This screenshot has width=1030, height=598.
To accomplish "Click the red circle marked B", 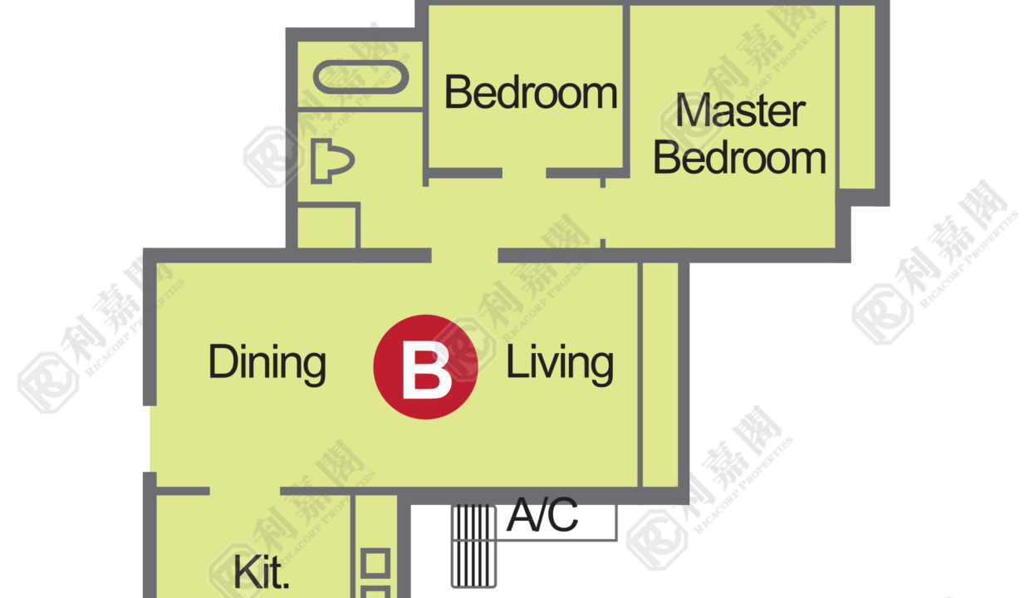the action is click(426, 367).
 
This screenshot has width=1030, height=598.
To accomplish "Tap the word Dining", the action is click(267, 364).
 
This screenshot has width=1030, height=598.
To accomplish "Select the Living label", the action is click(560, 364).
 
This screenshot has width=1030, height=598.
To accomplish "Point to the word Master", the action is click(740, 110).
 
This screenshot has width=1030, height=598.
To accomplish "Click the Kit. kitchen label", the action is click(262, 571).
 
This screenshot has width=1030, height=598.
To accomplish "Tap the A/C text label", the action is click(542, 515).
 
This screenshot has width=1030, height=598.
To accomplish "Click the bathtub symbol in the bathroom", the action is click(361, 76).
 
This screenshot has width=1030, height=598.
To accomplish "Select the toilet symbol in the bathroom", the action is click(332, 161).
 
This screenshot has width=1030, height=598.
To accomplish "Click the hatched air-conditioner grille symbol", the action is click(473, 546).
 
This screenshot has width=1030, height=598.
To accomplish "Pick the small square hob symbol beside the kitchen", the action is click(375, 563).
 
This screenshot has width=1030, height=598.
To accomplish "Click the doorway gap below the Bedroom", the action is click(524, 173).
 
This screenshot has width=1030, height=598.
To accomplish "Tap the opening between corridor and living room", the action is click(465, 255).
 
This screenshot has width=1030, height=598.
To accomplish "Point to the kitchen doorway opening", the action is click(245, 492).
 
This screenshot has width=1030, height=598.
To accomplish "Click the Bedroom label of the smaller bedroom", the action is click(531, 92).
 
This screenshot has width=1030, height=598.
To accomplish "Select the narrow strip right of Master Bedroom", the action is click(857, 96).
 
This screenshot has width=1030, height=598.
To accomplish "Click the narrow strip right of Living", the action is click(660, 375).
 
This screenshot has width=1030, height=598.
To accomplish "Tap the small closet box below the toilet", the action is click(326, 228).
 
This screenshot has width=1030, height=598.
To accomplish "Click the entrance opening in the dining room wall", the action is click(150, 439).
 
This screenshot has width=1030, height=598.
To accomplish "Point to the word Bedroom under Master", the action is click(740, 159).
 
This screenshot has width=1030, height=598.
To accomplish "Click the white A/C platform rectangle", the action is click(557, 522).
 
